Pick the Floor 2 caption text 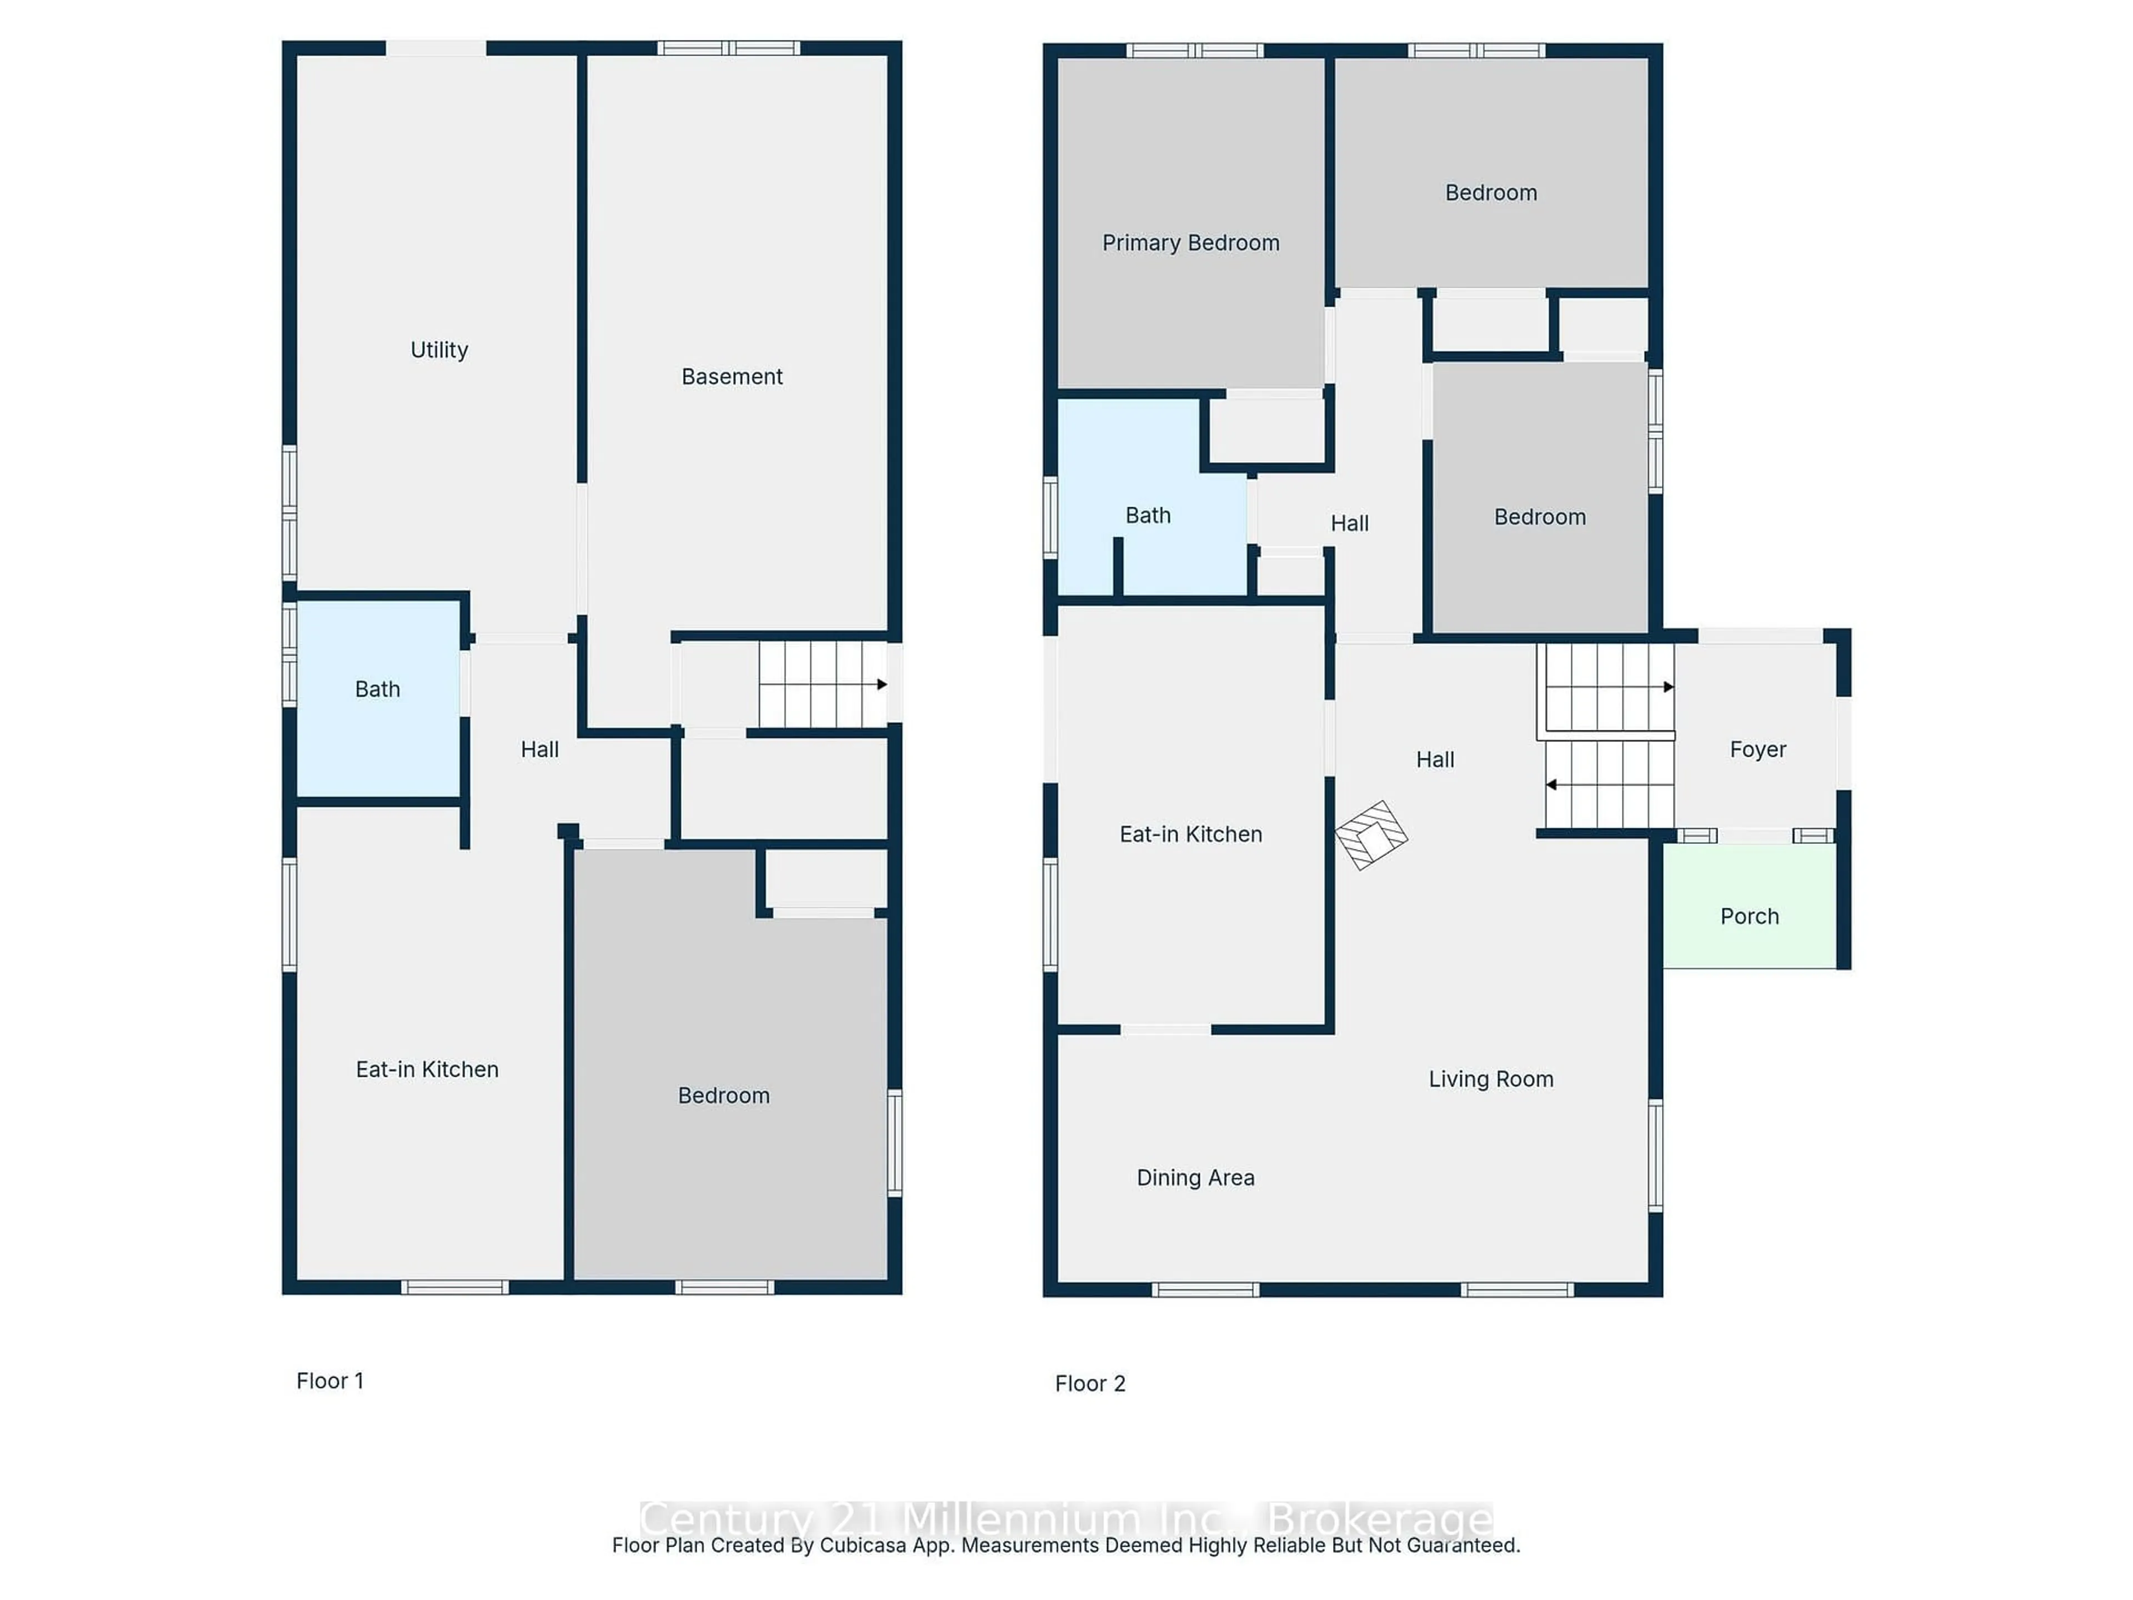pyautogui.click(x=1090, y=1384)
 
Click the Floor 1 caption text pyautogui.click(x=330, y=1381)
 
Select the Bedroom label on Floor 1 pyautogui.click(x=723, y=1096)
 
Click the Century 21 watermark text pyautogui.click(x=1065, y=1519)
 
